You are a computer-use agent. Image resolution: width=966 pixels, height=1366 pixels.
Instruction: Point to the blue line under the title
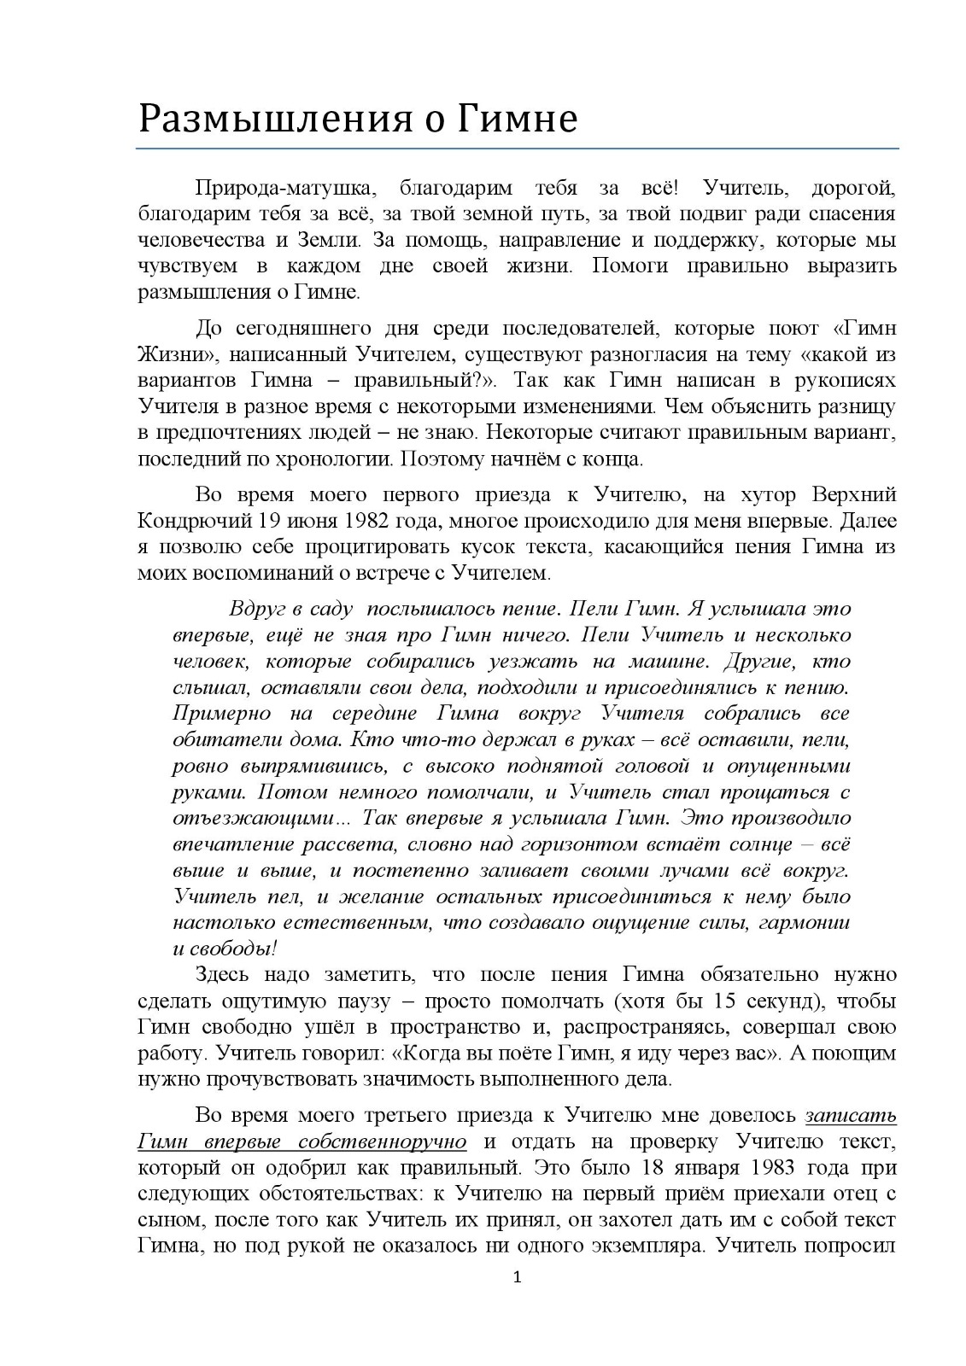(x=517, y=149)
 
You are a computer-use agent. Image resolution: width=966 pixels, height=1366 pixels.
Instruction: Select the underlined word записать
(x=851, y=1115)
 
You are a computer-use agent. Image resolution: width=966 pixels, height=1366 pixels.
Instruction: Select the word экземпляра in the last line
(x=646, y=1246)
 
